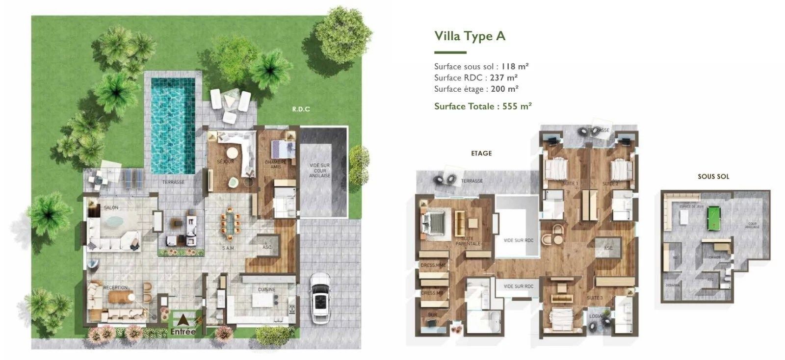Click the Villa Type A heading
(470, 36)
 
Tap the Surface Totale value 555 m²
(517, 106)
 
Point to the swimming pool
(171, 126)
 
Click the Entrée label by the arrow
(183, 332)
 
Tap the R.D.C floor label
(301, 109)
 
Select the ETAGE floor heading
(481, 153)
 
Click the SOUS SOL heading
(713, 176)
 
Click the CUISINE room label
(266, 289)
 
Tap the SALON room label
(111, 207)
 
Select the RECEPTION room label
(115, 287)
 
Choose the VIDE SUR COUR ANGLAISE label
(319, 171)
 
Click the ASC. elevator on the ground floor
(267, 246)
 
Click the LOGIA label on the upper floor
(595, 316)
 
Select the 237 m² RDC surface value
(504, 77)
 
